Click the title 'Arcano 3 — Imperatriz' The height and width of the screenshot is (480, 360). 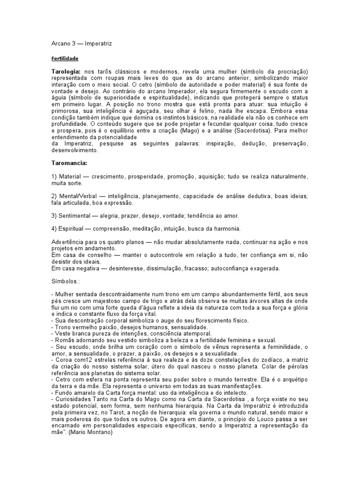(x=82, y=44)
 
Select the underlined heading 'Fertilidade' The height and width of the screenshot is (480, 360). (x=64, y=59)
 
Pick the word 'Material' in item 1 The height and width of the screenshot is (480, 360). (x=70, y=176)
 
